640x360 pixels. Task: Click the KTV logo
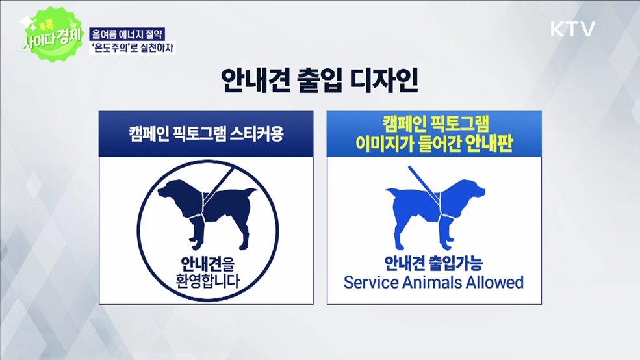point(572,29)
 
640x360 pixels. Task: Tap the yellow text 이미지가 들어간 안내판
point(433,144)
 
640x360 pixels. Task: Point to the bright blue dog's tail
point(390,192)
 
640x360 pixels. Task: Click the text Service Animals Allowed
point(433,283)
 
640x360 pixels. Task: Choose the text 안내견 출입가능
point(433,263)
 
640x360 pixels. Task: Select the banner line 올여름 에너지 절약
point(133,34)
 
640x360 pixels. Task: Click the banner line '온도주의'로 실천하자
point(133,47)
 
